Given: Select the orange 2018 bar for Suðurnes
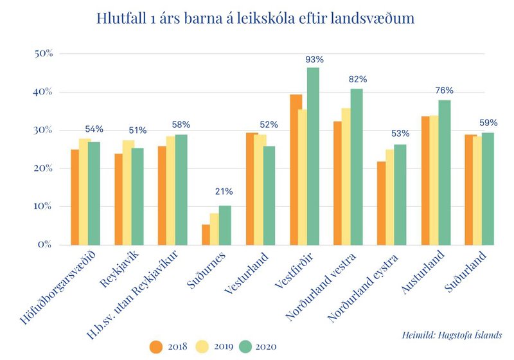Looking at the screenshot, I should pyautogui.click(x=206, y=235).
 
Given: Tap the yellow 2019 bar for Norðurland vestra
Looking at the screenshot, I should pyautogui.click(x=346, y=176).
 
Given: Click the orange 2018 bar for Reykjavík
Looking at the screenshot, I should pyautogui.click(x=119, y=199).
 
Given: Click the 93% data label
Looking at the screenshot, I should pyautogui.click(x=315, y=59).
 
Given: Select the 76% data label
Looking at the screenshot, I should pyautogui.click(x=445, y=91).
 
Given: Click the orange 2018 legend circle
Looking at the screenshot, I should pyautogui.click(x=156, y=347).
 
